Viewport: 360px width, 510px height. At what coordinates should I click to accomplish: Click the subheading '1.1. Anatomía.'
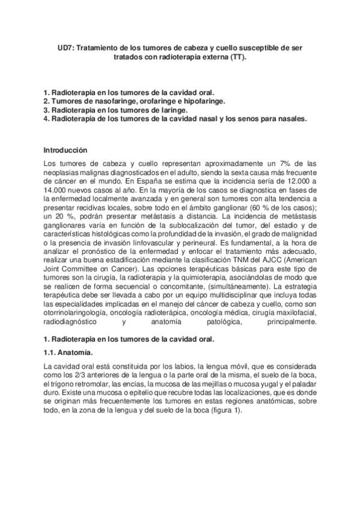(x=69, y=352)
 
